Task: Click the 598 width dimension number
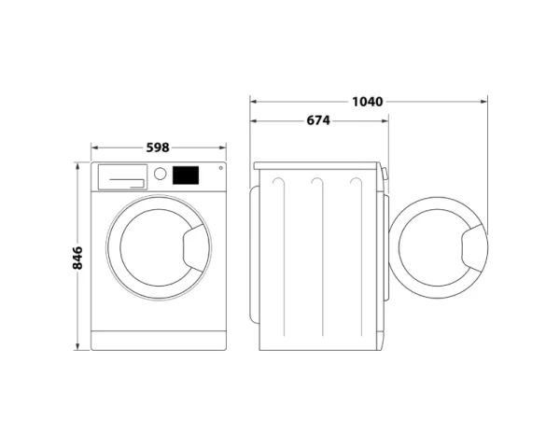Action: [158, 146]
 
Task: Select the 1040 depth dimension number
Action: [368, 100]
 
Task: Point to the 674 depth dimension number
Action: [318, 121]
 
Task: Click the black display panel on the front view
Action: [186, 175]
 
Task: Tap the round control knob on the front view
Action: [160, 175]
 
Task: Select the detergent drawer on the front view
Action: [122, 175]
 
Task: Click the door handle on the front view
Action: [193, 248]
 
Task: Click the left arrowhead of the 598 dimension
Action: [93, 147]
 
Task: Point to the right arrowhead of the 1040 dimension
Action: [484, 101]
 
